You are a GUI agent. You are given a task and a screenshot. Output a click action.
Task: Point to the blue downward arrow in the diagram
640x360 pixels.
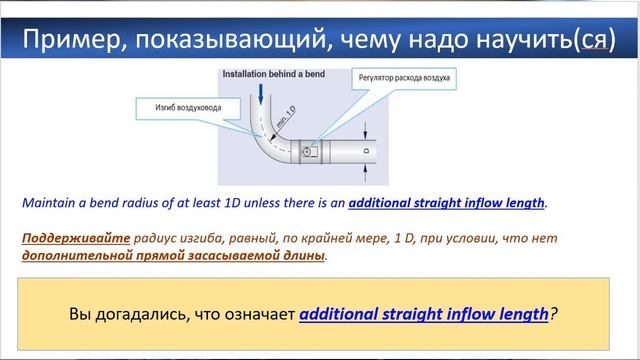(x=261, y=94)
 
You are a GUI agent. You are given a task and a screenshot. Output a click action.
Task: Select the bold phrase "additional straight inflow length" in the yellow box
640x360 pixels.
(x=424, y=312)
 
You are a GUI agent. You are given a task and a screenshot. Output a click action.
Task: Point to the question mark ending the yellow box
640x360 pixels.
(x=554, y=312)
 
